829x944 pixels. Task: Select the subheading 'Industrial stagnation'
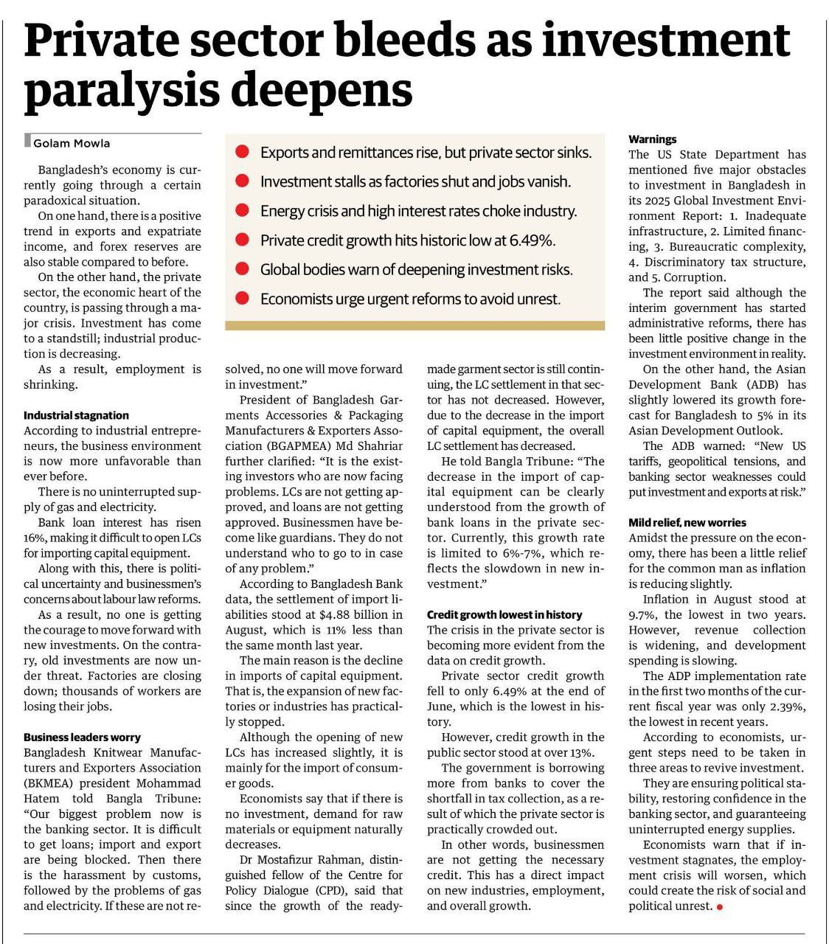point(76,415)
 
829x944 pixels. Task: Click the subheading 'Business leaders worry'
point(82,737)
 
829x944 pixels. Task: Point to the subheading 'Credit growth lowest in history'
point(504,614)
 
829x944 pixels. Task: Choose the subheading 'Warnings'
point(652,139)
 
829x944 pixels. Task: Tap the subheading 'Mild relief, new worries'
point(687,522)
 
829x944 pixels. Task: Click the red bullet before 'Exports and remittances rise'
point(241,153)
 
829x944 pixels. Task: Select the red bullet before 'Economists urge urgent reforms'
point(241,299)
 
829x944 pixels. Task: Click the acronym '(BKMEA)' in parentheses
point(51,783)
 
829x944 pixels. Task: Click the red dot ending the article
point(719,906)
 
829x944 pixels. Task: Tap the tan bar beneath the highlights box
point(414,325)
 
